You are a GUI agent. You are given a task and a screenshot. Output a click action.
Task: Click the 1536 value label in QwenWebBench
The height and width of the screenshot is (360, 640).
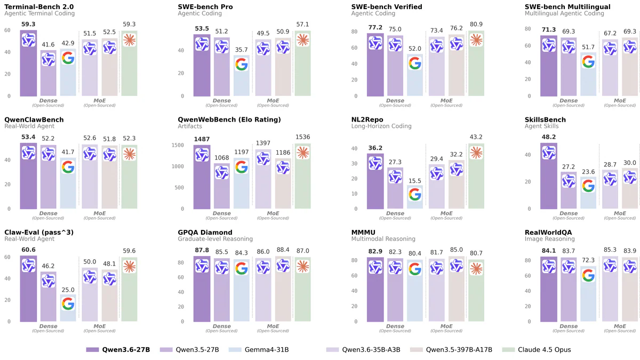click(302, 137)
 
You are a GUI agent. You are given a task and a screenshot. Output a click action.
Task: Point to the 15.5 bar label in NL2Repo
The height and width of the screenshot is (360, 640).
click(415, 181)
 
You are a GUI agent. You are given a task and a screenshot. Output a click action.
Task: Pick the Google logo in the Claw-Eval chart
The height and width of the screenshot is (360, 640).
click(68, 303)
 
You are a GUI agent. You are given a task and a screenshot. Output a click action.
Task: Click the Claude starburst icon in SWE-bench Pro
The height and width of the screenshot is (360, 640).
click(302, 39)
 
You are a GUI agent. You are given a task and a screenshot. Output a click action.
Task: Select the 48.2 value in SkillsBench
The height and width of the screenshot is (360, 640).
click(548, 137)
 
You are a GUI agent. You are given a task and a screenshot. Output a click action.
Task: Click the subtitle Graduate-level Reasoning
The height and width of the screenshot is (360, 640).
click(215, 239)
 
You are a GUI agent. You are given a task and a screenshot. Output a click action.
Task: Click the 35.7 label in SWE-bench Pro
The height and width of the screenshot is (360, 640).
click(242, 50)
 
